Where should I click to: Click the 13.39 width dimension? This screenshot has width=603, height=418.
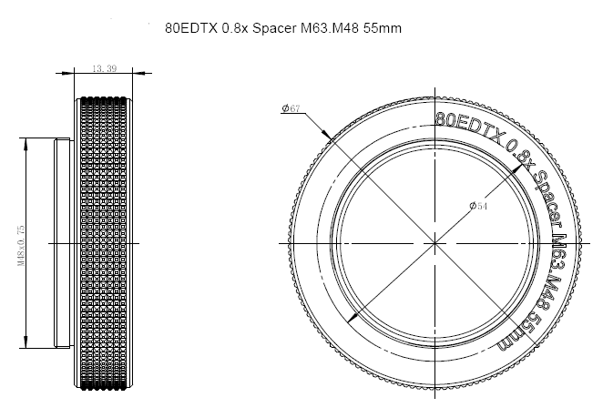[x=104, y=68]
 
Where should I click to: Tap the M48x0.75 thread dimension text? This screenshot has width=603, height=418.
[x=21, y=246]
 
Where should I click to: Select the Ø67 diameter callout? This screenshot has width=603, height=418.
[x=291, y=108]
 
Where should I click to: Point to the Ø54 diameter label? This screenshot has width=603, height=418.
[x=478, y=206]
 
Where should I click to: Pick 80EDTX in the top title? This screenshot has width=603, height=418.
[x=191, y=28]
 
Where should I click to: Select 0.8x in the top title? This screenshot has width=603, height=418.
[x=235, y=28]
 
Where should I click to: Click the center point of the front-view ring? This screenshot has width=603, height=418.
[x=435, y=243]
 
